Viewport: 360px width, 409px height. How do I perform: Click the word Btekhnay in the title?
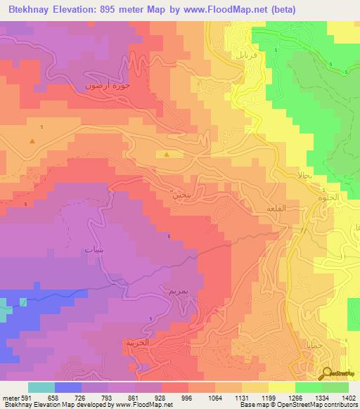[34, 10]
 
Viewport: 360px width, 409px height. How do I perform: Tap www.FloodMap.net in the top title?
[229, 10]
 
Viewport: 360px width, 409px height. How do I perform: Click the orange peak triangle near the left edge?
[32, 141]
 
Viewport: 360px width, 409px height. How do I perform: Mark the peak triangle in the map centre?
[167, 154]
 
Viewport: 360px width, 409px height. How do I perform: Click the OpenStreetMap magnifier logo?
[328, 374]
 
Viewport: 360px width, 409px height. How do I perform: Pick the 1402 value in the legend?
[348, 397]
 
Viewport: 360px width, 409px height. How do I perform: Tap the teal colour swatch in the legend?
[41, 387]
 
